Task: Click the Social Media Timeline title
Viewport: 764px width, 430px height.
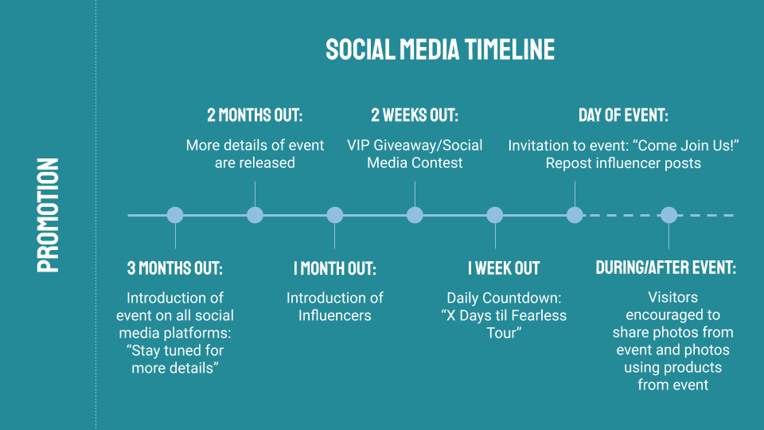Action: coord(440,49)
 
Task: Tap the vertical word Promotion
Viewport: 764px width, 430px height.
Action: coord(49,215)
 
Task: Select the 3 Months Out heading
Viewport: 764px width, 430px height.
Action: coord(175,268)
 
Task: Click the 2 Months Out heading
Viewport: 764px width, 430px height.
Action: coord(255,115)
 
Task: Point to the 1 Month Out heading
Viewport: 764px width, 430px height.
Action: coord(335,268)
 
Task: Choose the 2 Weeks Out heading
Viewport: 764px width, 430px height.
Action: coord(415,115)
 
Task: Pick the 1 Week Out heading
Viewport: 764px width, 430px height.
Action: coord(504,268)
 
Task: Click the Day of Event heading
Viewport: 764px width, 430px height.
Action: coord(623,115)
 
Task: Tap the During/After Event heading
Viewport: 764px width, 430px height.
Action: coord(665,268)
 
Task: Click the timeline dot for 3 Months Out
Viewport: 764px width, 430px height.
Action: coord(175,215)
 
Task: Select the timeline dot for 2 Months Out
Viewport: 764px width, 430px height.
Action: coord(255,215)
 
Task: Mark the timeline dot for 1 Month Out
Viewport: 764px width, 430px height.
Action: coord(335,215)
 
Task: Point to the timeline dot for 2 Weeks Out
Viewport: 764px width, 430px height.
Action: coord(415,215)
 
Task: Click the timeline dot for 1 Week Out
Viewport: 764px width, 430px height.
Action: coord(494,215)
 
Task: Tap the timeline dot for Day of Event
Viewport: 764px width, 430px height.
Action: coord(575,215)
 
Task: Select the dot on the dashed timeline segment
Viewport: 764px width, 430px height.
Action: coord(669,215)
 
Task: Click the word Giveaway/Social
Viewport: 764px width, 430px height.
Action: coord(428,146)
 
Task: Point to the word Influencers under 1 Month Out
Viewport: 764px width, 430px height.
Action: coord(335,315)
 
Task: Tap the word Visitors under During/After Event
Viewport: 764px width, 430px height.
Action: coord(673,297)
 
